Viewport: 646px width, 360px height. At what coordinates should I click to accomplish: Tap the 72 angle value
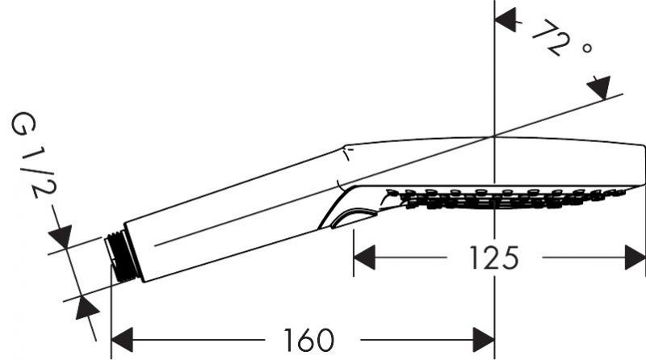coord(551,37)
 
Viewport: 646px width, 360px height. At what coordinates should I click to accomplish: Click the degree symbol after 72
coord(587,50)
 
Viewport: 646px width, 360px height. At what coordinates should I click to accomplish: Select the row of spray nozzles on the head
coord(501,197)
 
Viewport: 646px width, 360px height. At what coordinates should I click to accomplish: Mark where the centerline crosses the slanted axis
coord(494,136)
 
